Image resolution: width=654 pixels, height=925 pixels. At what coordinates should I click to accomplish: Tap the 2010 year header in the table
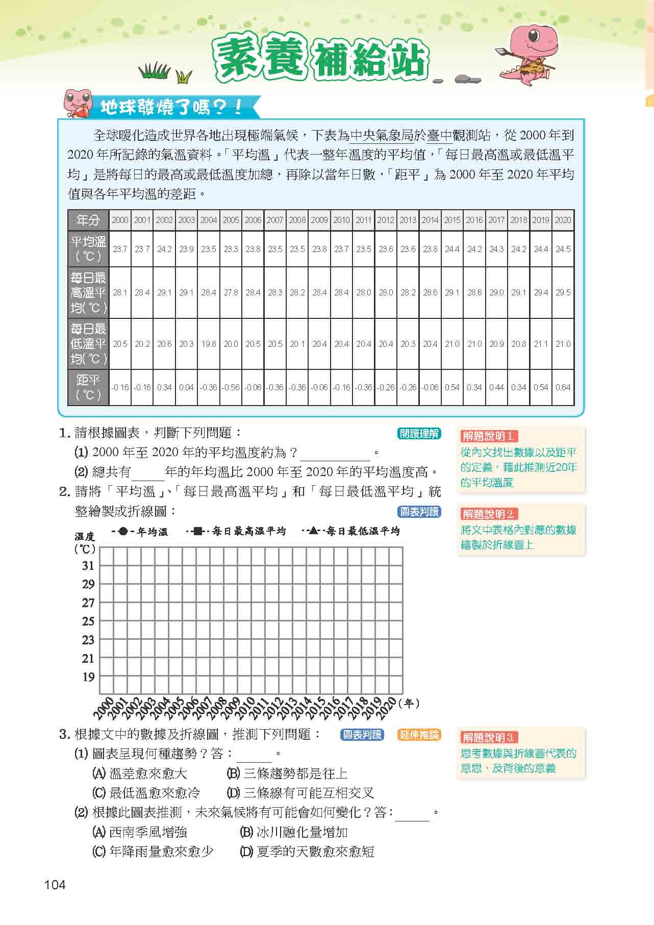pyautogui.click(x=341, y=220)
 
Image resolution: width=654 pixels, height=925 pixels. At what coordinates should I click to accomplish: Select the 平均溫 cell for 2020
pyautogui.click(x=563, y=249)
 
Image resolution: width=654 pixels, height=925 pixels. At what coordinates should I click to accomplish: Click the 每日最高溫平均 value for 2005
pyautogui.click(x=231, y=292)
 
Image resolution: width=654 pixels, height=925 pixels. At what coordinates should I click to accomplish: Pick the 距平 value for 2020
pyautogui.click(x=563, y=387)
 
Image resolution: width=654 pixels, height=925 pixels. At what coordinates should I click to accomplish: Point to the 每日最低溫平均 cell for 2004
pyautogui.click(x=208, y=344)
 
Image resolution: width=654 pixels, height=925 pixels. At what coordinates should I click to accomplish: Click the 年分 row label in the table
pyautogui.click(x=88, y=220)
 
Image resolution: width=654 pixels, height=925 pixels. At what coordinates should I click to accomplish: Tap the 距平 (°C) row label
pyautogui.click(x=88, y=387)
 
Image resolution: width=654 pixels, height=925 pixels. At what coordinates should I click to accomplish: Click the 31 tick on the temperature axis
pyautogui.click(x=88, y=565)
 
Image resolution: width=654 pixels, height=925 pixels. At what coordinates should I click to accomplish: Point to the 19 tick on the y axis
pyautogui.click(x=88, y=677)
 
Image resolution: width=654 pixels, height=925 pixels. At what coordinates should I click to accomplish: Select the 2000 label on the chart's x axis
pyautogui.click(x=105, y=707)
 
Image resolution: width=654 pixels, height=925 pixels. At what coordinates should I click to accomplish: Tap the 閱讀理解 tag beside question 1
pyautogui.click(x=419, y=434)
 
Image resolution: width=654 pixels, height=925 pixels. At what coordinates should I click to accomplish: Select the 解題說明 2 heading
pyautogui.click(x=489, y=514)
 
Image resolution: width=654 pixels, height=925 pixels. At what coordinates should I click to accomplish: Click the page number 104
pyautogui.click(x=55, y=885)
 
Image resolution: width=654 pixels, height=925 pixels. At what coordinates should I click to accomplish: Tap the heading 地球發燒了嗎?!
pyautogui.click(x=170, y=107)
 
